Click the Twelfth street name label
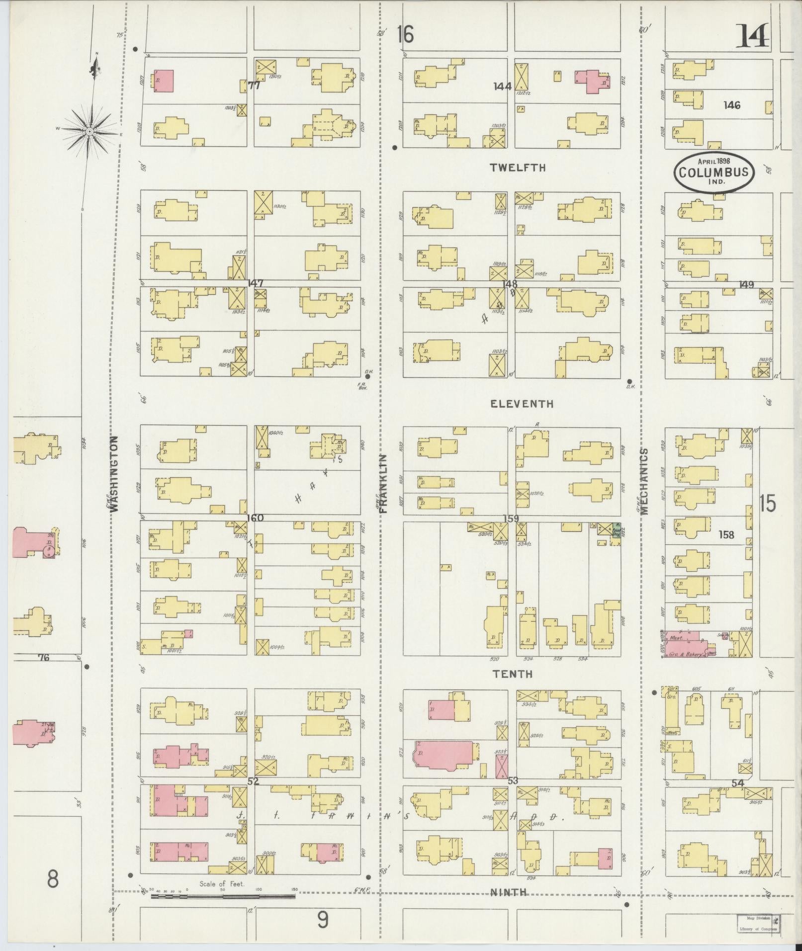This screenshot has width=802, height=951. point(518,168)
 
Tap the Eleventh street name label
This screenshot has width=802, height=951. point(522,404)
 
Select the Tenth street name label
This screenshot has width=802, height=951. point(513,674)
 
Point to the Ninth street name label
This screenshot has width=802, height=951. point(509,892)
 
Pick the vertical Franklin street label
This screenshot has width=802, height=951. point(383,483)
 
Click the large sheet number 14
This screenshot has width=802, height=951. point(752,37)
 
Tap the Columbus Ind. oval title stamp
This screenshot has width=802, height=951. point(713,172)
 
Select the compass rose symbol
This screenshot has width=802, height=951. point(89,131)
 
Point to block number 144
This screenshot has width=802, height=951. point(502,86)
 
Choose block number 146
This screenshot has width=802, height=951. point(732,105)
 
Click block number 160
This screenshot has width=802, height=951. point(254,518)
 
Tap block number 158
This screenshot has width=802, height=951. point(726,535)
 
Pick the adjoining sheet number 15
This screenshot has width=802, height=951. point(767,504)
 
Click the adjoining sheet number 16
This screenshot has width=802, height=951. point(405,35)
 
